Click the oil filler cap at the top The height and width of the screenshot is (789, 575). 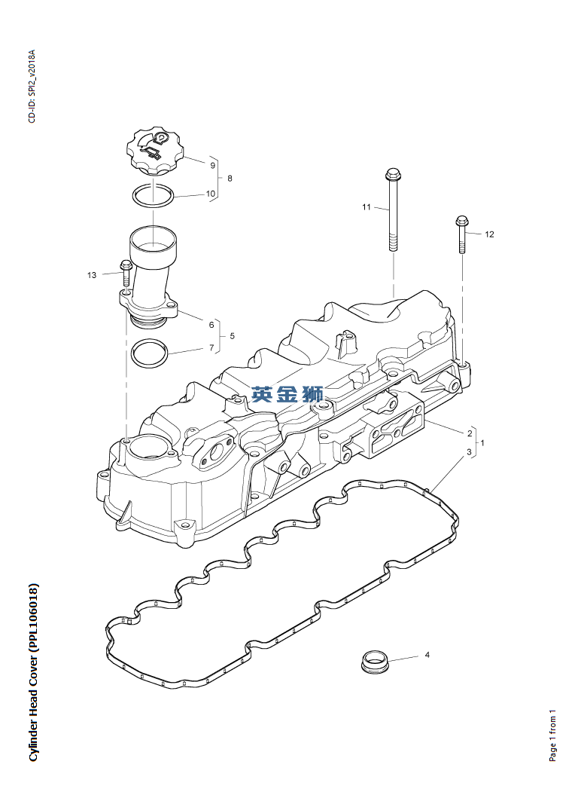coord(156,151)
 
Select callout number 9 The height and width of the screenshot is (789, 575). coord(213,165)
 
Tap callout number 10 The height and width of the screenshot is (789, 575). coord(211,194)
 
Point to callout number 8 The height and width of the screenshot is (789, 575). coord(230,179)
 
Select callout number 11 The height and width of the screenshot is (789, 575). coord(367,207)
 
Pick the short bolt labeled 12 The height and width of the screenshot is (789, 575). coord(461,236)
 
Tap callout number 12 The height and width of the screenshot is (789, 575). coord(489,234)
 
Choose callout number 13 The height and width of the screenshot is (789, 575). coord(92,275)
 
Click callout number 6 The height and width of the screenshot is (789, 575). coord(211,325)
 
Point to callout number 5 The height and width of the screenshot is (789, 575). coord(232,336)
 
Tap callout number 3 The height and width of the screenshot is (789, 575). coord(469,452)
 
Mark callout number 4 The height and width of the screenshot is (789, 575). coord(427,656)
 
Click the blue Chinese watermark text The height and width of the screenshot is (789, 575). coord(287,394)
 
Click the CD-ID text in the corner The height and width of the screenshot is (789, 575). coord(32,86)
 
